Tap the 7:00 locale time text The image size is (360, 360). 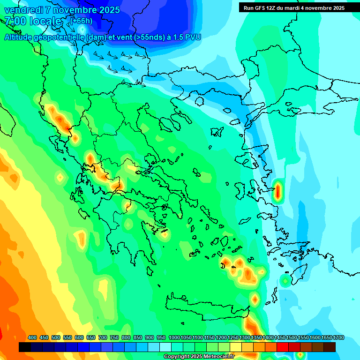click(x=33, y=21)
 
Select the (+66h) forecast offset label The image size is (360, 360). click(x=81, y=21)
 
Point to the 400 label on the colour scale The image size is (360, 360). click(x=32, y=337)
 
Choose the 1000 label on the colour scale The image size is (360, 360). click(x=174, y=337)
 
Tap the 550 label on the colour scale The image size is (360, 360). click(x=67, y=337)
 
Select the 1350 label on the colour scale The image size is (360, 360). click(x=256, y=337)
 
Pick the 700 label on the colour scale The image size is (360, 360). click(x=103, y=337)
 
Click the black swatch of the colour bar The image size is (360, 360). click(x=25, y=347)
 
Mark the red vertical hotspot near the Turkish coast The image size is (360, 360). click(x=278, y=191)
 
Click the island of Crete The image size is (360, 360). click(x=206, y=304)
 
